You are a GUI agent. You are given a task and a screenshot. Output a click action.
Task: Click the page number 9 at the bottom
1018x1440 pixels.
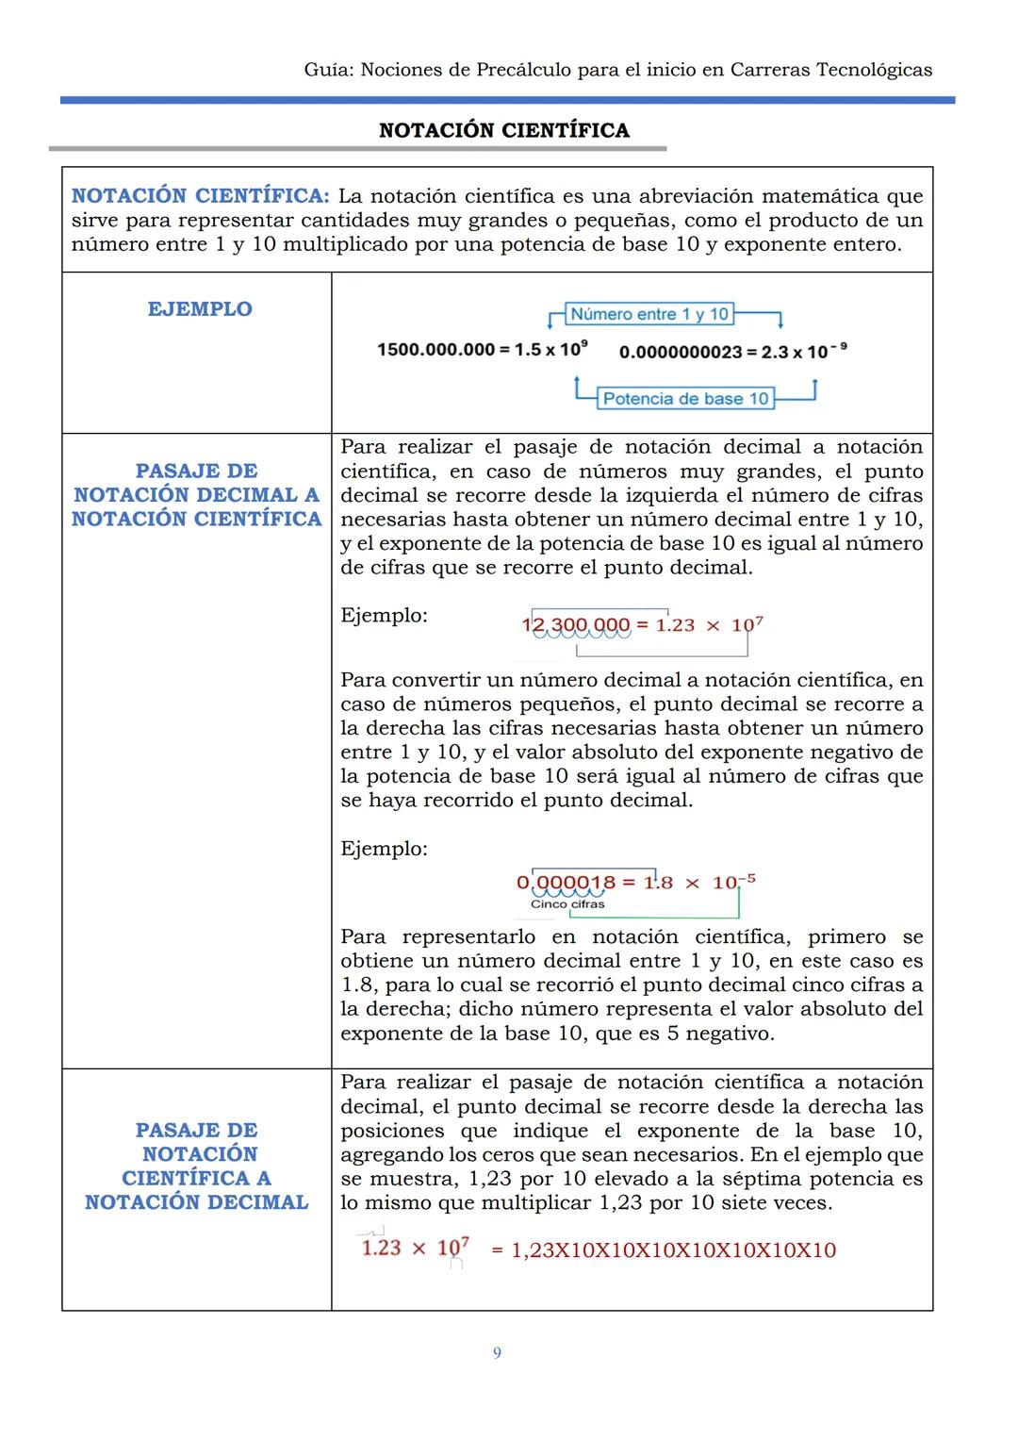pyautogui.click(x=498, y=1353)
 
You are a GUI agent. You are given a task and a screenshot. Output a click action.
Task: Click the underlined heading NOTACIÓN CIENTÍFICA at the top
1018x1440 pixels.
pyautogui.click(x=504, y=130)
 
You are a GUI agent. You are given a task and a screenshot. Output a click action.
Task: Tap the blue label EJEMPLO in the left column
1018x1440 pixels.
pyautogui.click(x=200, y=309)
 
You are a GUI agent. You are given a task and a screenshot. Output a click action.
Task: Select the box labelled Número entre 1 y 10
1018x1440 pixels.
pyautogui.click(x=649, y=314)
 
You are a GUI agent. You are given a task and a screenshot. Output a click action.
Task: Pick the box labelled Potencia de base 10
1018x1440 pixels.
pyautogui.click(x=685, y=398)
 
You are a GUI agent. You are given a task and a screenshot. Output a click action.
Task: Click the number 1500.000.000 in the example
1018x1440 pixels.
pyautogui.click(x=435, y=350)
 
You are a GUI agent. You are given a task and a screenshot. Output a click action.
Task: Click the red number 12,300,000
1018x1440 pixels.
pyautogui.click(x=575, y=624)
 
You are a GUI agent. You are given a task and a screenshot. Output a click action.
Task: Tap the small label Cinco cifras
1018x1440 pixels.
pyautogui.click(x=567, y=903)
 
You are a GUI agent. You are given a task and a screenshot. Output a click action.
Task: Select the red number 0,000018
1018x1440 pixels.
pyautogui.click(x=566, y=883)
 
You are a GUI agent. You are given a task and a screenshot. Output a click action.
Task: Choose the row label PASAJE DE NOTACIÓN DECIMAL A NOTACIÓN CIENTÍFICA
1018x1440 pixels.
pyautogui.click(x=197, y=495)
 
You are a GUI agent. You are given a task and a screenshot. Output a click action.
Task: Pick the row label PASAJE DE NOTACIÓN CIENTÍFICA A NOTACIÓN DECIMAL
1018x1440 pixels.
pyautogui.click(x=197, y=1166)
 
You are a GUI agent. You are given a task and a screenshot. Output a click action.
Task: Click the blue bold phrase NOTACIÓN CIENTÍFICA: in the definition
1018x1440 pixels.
pyautogui.click(x=200, y=196)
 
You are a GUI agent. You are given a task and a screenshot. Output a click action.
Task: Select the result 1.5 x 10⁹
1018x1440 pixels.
pyautogui.click(x=551, y=349)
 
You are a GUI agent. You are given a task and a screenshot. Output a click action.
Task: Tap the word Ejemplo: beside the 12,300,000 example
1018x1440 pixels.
pyautogui.click(x=384, y=616)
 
